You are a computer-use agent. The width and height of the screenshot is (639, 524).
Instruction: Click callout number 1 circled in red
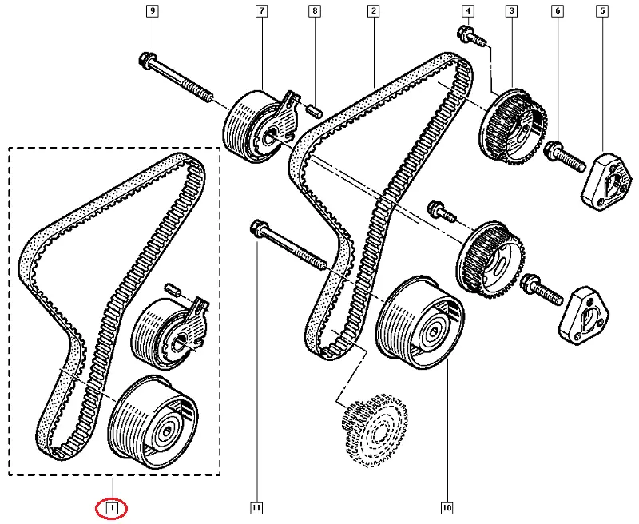[x=113, y=507]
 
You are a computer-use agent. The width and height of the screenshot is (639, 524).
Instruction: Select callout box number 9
[x=152, y=11]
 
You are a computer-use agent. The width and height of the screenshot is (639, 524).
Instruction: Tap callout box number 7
[x=260, y=11]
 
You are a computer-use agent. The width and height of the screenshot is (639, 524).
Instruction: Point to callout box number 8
[x=316, y=11]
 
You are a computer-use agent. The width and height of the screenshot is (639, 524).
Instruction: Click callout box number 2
[x=373, y=11]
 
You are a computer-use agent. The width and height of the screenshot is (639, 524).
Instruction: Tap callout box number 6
[x=558, y=11]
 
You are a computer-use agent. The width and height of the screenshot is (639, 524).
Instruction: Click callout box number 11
[x=256, y=507]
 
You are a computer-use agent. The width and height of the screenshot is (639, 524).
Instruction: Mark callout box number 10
[x=447, y=507]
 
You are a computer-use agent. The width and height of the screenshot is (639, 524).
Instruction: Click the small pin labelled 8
[x=314, y=108]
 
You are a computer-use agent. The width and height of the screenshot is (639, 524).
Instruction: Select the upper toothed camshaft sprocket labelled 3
[x=516, y=125]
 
